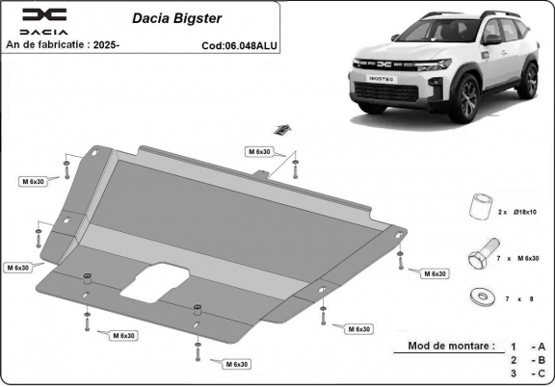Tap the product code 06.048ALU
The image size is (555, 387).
(249, 44)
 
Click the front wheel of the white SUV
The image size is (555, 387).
(469, 98)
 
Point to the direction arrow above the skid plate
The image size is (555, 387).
(282, 128)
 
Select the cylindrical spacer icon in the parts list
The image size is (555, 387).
(478, 207)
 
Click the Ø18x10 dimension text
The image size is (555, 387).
(524, 211)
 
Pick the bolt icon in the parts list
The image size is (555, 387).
(478, 256)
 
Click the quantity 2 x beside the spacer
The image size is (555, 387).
(502, 211)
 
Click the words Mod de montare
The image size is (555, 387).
(452, 346)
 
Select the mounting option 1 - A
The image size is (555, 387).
(528, 346)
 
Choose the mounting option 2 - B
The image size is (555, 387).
(528, 359)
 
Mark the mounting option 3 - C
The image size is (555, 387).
(528, 374)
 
